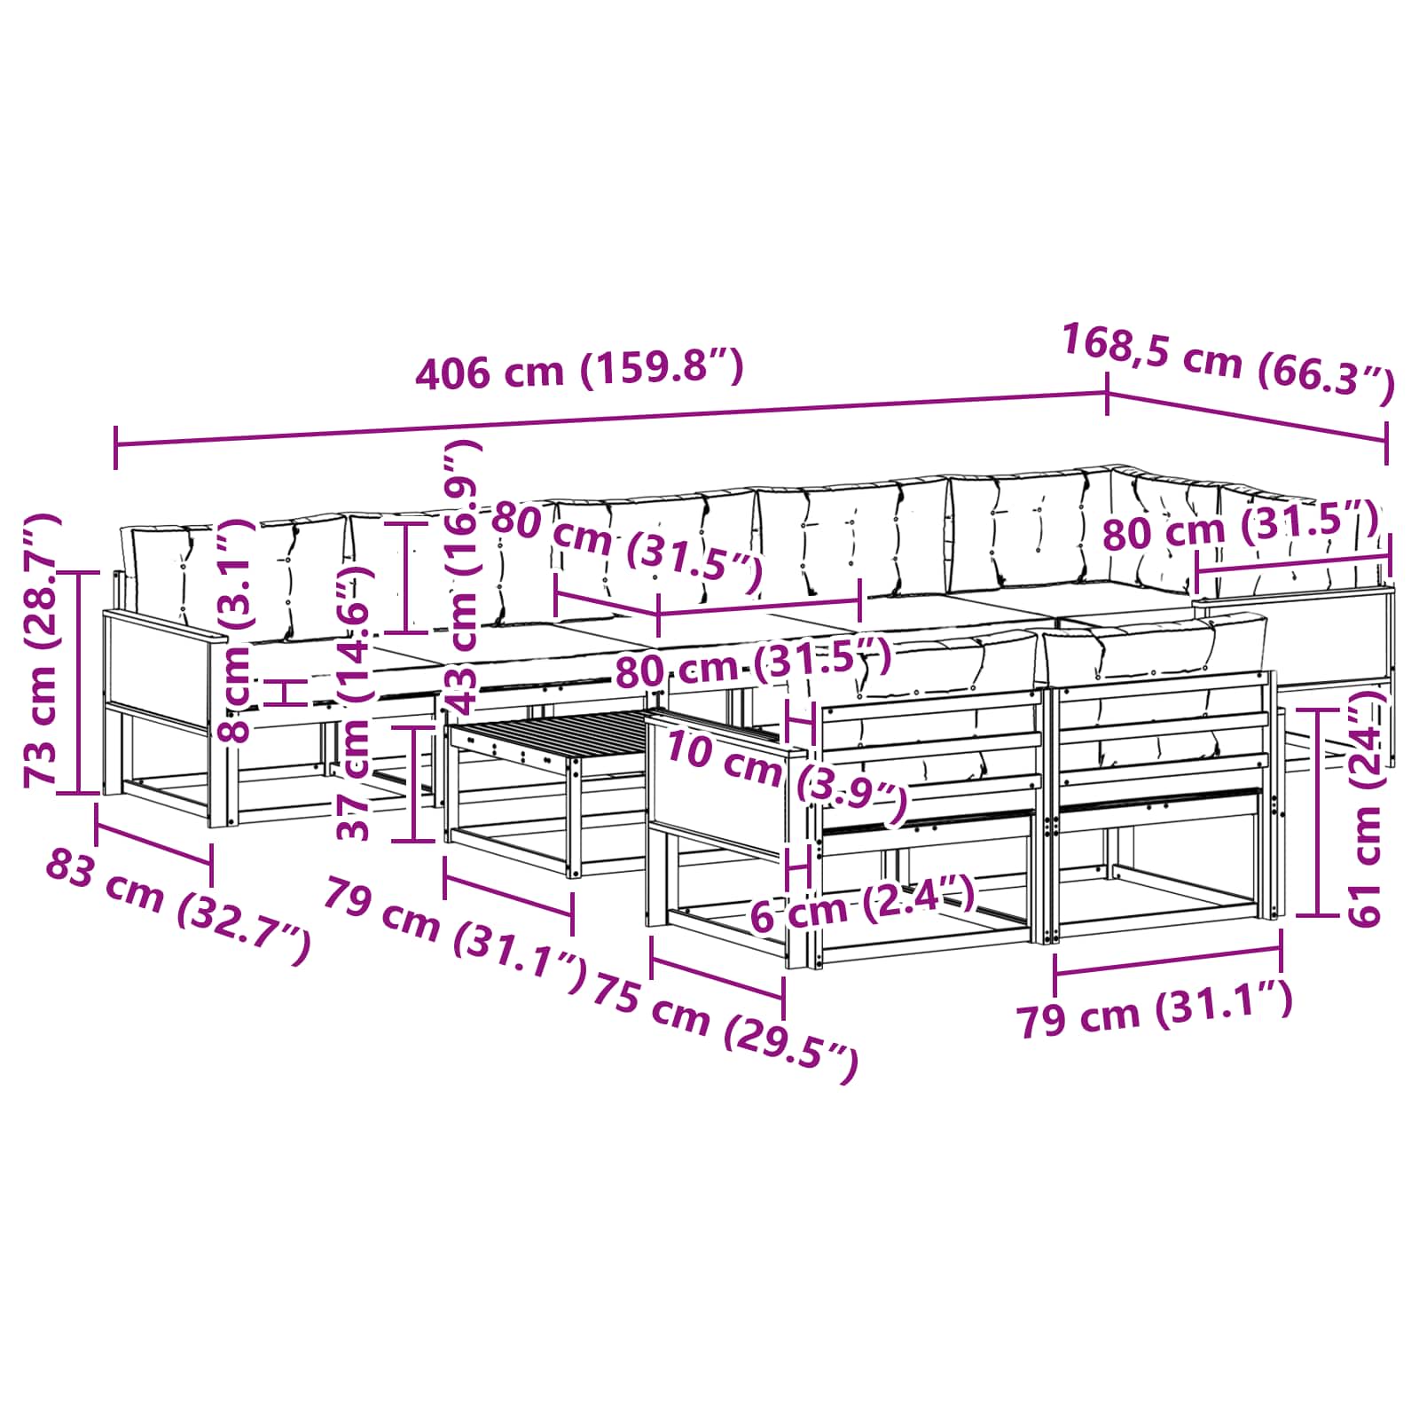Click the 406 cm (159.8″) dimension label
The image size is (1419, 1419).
tap(579, 369)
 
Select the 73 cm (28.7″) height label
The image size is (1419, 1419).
tap(41, 650)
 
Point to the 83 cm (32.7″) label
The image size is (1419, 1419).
tap(178, 905)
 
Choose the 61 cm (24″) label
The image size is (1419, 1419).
tap(1365, 806)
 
